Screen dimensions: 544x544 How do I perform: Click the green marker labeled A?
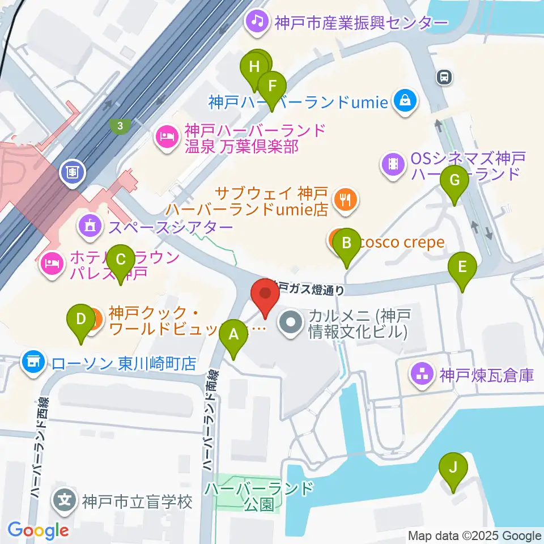click(234, 336)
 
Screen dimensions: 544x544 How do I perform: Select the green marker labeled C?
click(120, 260)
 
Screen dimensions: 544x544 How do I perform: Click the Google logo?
click(38, 531)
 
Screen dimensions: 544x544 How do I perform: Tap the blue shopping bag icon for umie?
click(406, 101)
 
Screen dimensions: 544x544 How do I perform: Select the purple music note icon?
click(257, 22)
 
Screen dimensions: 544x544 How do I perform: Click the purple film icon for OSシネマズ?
click(393, 164)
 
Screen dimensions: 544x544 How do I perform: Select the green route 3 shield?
click(120, 126)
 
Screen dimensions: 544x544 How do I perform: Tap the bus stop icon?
click(444, 77)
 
